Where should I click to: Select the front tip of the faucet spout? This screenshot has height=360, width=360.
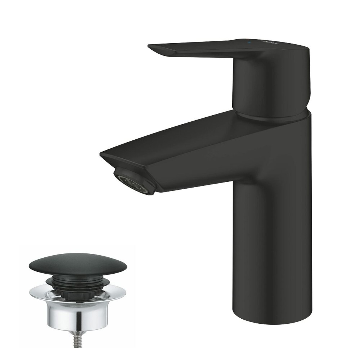pos(102,154)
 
